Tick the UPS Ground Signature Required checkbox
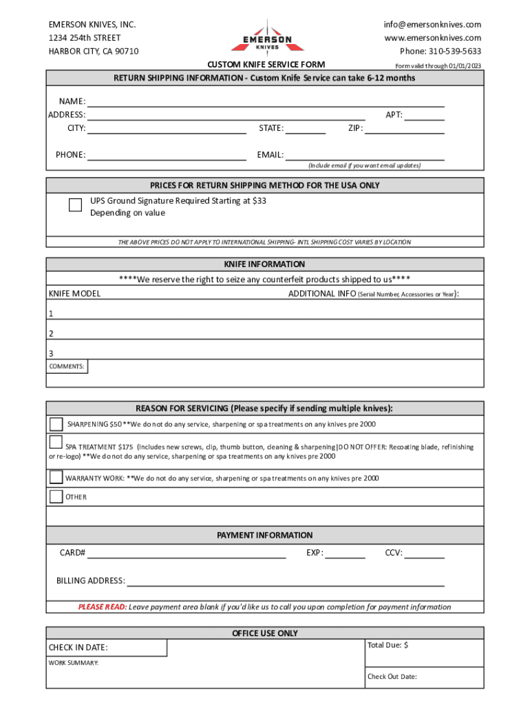point(76,204)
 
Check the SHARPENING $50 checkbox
point(56,423)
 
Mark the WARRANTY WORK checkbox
point(56,477)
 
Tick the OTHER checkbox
point(56,496)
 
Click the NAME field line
point(265,102)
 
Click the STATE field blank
point(305,129)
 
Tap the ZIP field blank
point(404,129)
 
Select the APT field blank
point(424,116)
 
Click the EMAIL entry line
point(364,155)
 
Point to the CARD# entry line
point(186,553)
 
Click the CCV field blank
point(424,553)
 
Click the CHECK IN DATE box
point(107,648)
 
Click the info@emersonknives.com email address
point(432,25)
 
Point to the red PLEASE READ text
point(102,607)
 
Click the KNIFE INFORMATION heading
point(264,264)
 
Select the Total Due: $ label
point(388,645)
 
